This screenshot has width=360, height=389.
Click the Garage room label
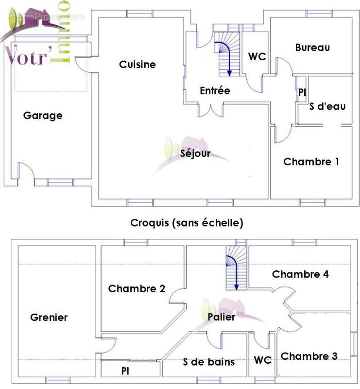pyautogui.click(x=43, y=116)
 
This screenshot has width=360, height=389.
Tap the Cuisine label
pyautogui.click(x=137, y=65)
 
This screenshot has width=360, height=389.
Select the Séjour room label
pyautogui.click(x=195, y=154)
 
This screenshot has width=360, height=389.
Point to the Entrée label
pyautogui.click(x=215, y=91)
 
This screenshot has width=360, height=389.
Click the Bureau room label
pyautogui.click(x=312, y=48)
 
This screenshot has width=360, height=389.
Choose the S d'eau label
pyautogui.click(x=327, y=106)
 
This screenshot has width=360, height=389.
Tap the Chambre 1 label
pyautogui.click(x=311, y=162)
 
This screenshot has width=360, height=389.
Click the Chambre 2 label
pyautogui.click(x=137, y=289)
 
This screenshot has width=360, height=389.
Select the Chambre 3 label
pyautogui.click(x=309, y=356)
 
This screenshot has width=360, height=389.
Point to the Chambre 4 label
pyautogui.click(x=300, y=274)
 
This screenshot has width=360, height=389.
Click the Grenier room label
pyautogui.click(x=49, y=318)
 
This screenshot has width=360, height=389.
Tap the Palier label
pyautogui.click(x=222, y=318)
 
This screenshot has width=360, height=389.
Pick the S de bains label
pyautogui.click(x=209, y=362)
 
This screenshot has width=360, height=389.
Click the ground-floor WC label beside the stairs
pyautogui.click(x=257, y=57)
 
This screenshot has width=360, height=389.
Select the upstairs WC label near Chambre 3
pyautogui.click(x=263, y=360)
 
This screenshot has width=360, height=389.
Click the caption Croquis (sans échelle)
pyautogui.click(x=187, y=223)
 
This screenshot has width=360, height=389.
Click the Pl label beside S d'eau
pyautogui.click(x=302, y=92)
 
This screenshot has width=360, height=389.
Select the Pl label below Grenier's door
pyautogui.click(x=125, y=371)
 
